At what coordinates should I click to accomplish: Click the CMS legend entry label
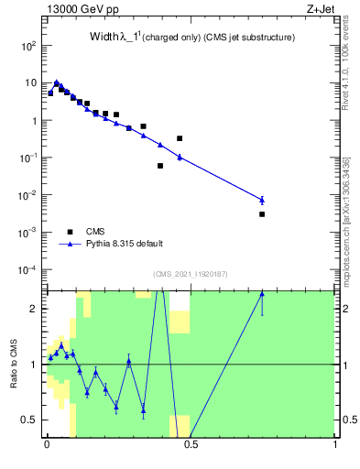point(95,232)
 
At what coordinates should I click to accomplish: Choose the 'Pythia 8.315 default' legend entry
point(125,244)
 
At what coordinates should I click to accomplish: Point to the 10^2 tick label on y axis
point(29,45)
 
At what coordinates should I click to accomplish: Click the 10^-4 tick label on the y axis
point(28,270)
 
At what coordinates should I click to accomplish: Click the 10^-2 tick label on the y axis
point(28,195)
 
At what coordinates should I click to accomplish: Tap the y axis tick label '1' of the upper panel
point(34,120)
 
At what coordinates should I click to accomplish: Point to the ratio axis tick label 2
point(35,309)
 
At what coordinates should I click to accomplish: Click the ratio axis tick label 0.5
point(30,420)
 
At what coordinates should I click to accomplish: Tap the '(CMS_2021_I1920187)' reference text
point(190,274)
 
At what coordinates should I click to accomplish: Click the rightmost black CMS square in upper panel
point(262,213)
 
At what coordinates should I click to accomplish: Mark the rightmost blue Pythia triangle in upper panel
point(262,200)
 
